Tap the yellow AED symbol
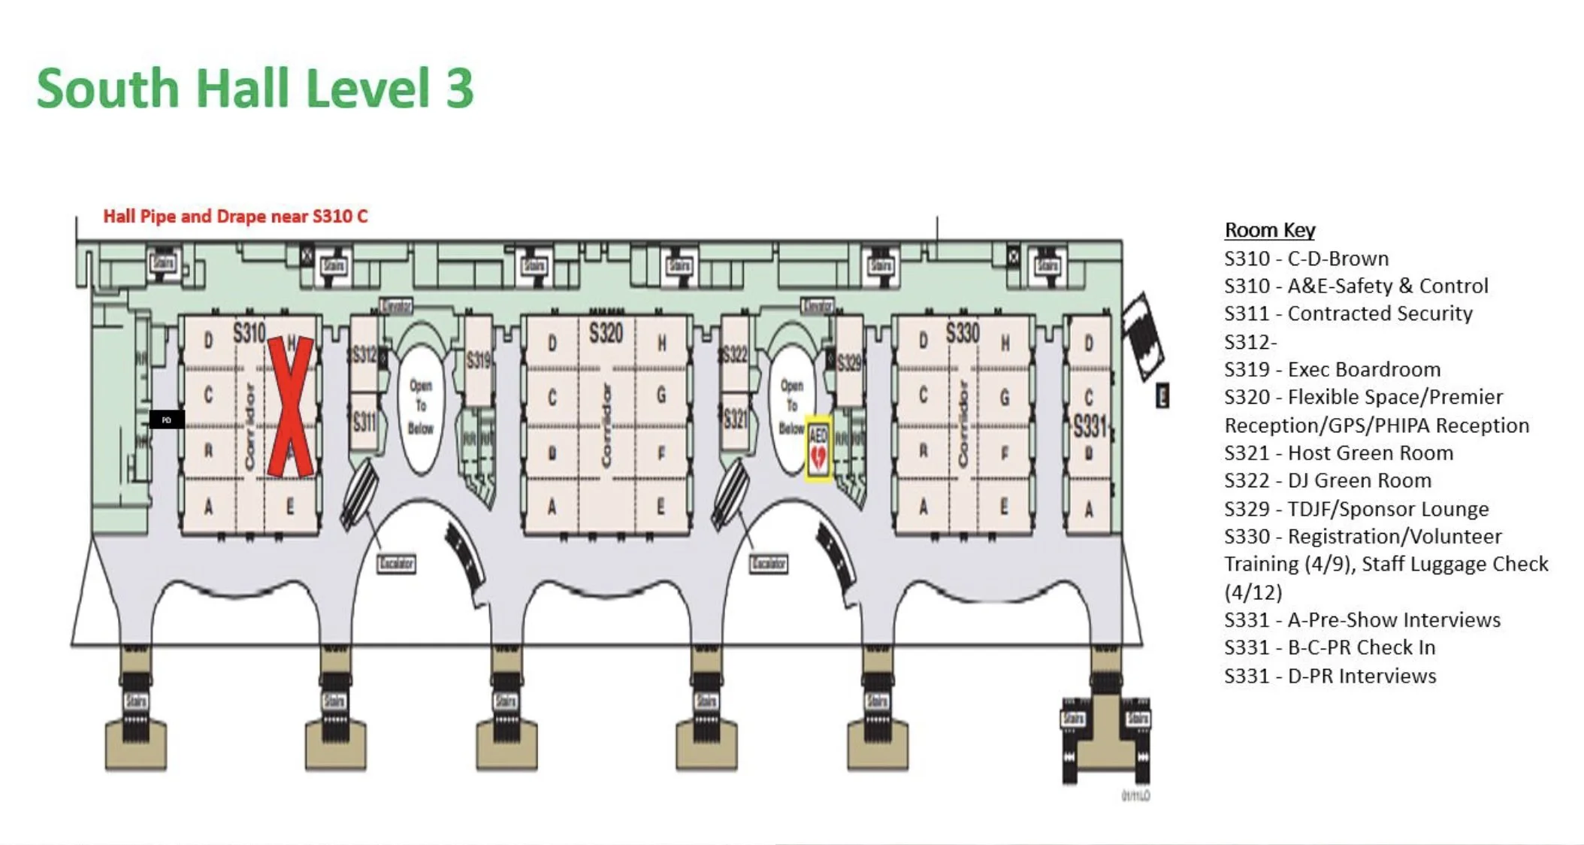(818, 448)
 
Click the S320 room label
(606, 333)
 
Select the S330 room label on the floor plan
(962, 333)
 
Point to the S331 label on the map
(1090, 427)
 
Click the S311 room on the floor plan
(364, 422)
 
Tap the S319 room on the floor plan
(478, 361)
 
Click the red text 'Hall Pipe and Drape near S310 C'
(235, 217)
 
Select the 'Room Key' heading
(1270, 230)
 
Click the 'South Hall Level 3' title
(255, 89)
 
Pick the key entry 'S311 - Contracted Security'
(1348, 313)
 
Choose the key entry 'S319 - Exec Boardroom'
(1332, 370)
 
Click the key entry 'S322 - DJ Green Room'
(1328, 480)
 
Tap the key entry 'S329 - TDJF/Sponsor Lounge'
(1356, 509)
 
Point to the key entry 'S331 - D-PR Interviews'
(1330, 676)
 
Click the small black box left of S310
(167, 419)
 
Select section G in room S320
(661, 395)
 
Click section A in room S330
(923, 507)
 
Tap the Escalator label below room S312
(396, 563)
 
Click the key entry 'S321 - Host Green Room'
(1338, 453)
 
